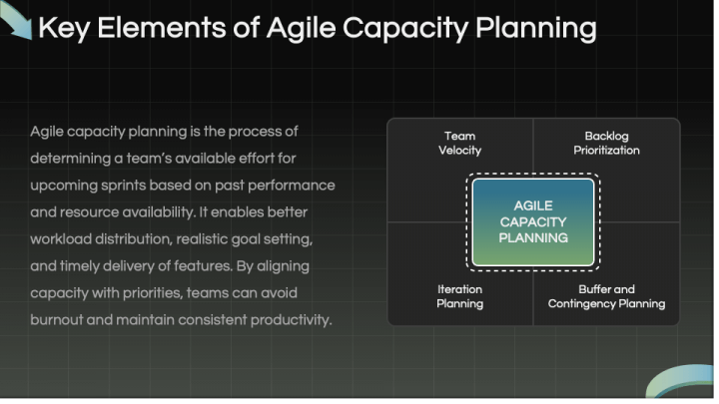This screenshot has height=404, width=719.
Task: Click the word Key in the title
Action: (x=62, y=28)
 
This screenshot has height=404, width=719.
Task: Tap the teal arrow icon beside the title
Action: (x=17, y=20)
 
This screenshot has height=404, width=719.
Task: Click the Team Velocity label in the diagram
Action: (x=459, y=144)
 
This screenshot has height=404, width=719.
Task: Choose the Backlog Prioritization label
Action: (x=606, y=144)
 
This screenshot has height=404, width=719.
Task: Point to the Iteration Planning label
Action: (x=459, y=296)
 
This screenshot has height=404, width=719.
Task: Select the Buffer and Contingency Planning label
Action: (x=606, y=296)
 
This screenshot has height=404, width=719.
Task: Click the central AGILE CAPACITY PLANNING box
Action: (x=532, y=221)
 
